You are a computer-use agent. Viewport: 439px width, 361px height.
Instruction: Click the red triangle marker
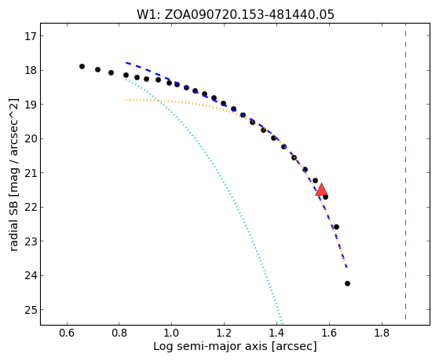[x=321, y=190]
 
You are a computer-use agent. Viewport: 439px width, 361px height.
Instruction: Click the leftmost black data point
[x=82, y=67]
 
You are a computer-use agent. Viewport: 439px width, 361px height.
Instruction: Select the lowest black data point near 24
[x=347, y=284]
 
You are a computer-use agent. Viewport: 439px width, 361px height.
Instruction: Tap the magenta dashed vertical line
[x=405, y=175]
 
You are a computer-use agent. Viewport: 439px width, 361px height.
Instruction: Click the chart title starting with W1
[x=235, y=14]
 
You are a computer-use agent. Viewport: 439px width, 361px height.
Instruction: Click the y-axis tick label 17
[x=31, y=36]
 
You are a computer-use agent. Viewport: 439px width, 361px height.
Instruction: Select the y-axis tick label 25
[x=31, y=310]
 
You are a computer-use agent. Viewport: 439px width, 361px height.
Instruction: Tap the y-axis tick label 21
[x=31, y=173]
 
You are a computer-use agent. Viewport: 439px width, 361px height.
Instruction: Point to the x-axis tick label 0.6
[x=67, y=333]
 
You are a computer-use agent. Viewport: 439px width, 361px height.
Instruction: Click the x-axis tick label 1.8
[x=382, y=333]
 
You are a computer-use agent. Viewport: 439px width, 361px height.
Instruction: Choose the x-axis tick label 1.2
[x=224, y=333]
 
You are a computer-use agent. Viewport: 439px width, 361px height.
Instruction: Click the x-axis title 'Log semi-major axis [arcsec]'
[x=235, y=347]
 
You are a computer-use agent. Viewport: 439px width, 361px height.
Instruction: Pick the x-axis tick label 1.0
[x=171, y=333]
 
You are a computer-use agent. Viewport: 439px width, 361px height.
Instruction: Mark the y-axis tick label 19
[x=31, y=105]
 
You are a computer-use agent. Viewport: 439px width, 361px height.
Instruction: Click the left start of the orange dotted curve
[x=126, y=100]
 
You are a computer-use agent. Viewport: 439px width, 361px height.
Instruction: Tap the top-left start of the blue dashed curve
[x=126, y=63]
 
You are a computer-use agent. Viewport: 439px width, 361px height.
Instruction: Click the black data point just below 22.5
[x=337, y=227]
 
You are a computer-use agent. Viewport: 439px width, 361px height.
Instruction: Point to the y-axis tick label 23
[x=31, y=241]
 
